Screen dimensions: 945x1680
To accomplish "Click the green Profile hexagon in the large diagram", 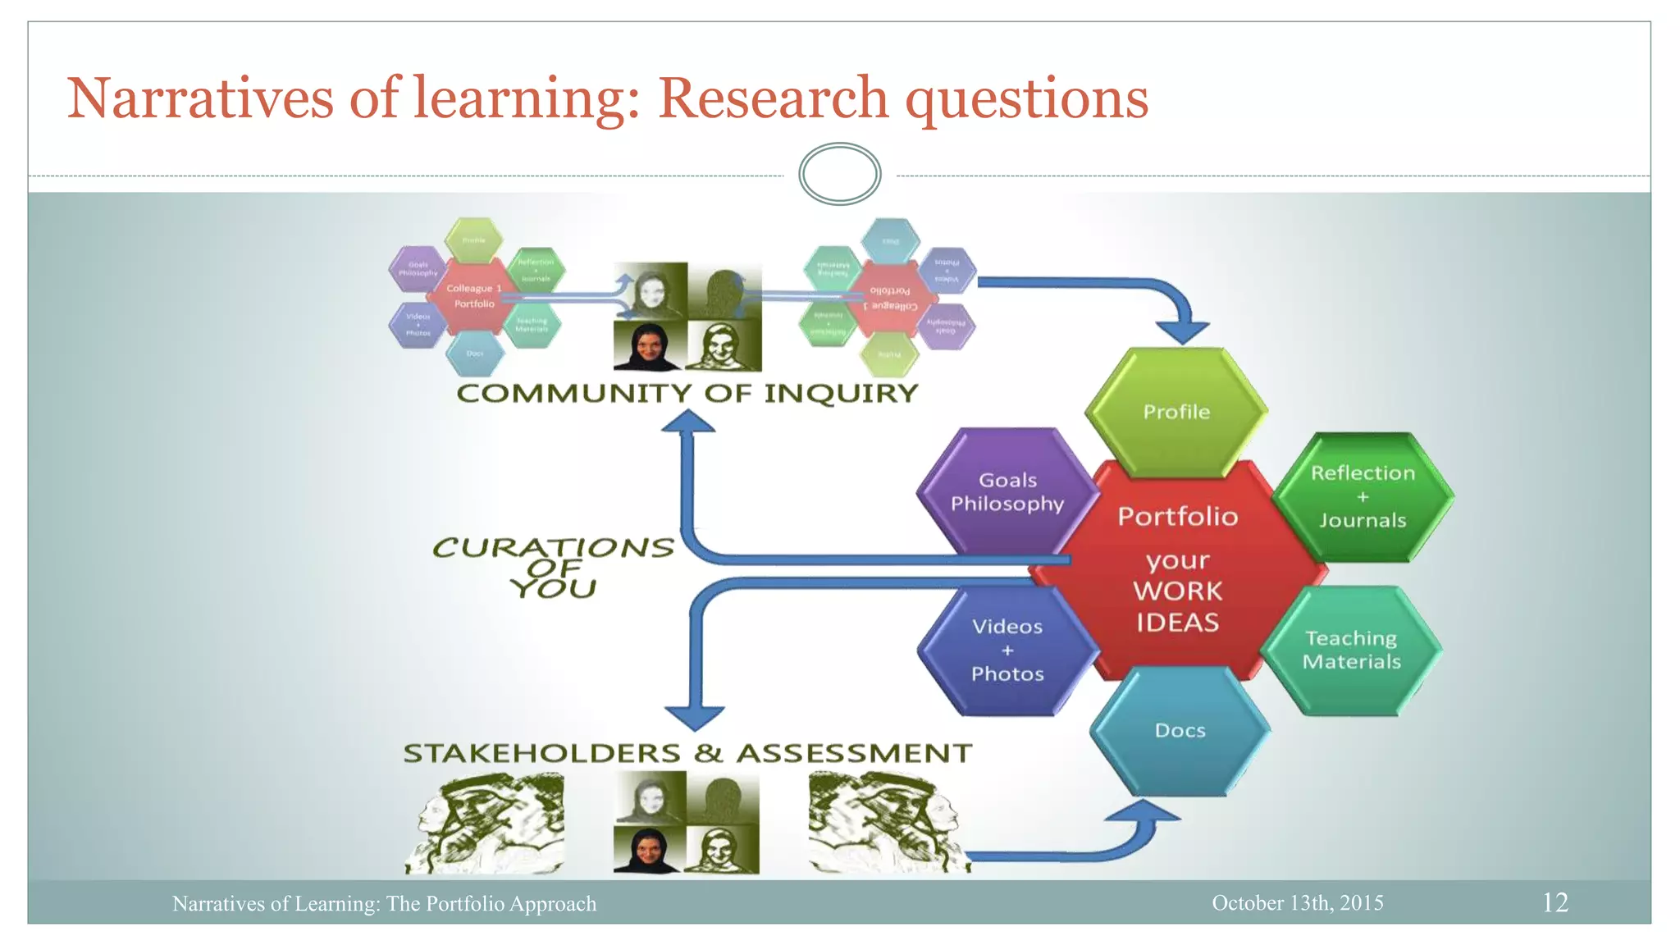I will tap(1176, 412).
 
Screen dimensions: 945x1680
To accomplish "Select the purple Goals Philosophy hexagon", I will tap(1007, 491).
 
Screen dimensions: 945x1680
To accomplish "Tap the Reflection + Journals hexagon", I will tap(1363, 496).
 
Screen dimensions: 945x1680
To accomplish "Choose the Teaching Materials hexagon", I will tap(1352, 650).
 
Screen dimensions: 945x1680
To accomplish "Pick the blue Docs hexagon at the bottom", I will tap(1180, 730).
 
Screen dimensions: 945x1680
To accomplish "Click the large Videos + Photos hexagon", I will tap(1007, 651).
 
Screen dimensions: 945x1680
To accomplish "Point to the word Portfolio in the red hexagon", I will tap(1178, 517).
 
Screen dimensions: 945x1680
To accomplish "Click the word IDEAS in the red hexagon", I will tap(1178, 623).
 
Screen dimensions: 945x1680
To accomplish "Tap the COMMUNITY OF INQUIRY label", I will tap(687, 394).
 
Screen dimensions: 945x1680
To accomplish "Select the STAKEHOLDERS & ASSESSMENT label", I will tap(687, 753).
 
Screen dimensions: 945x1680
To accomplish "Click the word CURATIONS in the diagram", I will tap(553, 547).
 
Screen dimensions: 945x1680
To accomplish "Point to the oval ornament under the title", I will tap(839, 174).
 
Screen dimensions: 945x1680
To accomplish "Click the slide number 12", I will tap(1555, 902).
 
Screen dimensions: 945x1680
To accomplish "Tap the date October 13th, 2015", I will tap(1298, 902).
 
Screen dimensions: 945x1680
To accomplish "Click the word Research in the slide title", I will tap(773, 98).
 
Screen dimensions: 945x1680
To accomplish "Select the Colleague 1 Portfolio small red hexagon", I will tap(474, 296).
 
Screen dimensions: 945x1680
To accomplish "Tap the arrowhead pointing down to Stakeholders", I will tap(695, 717).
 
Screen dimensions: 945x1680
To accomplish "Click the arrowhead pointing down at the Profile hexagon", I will tap(1182, 331).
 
